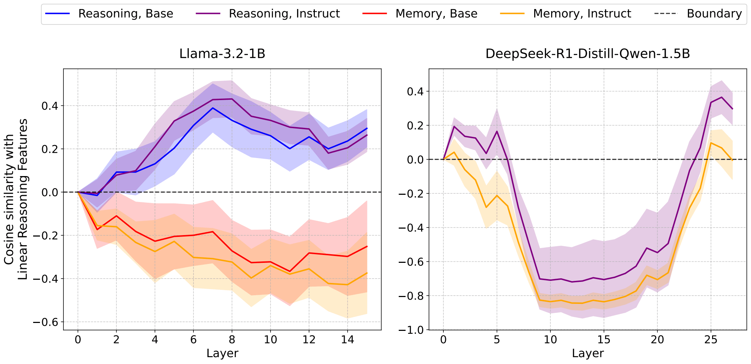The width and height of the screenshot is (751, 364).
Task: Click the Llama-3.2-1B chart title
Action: coord(222,54)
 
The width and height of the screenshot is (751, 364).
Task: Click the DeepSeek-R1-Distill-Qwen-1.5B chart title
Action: coord(587,54)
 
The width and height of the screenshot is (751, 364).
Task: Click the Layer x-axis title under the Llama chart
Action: coord(222,353)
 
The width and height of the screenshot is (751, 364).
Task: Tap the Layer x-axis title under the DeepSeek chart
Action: coord(587,353)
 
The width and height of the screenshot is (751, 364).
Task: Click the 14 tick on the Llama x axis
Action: coord(347,340)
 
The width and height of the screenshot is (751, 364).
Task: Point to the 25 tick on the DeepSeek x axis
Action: coord(711,340)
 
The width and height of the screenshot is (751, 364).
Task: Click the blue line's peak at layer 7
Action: coord(213,108)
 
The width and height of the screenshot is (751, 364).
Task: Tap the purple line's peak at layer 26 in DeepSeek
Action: coord(721,97)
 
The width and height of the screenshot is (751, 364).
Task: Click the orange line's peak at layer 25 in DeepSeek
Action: coord(711,143)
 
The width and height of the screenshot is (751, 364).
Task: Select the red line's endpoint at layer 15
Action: coord(367,246)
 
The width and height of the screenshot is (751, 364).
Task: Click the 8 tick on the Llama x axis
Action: coord(232,340)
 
